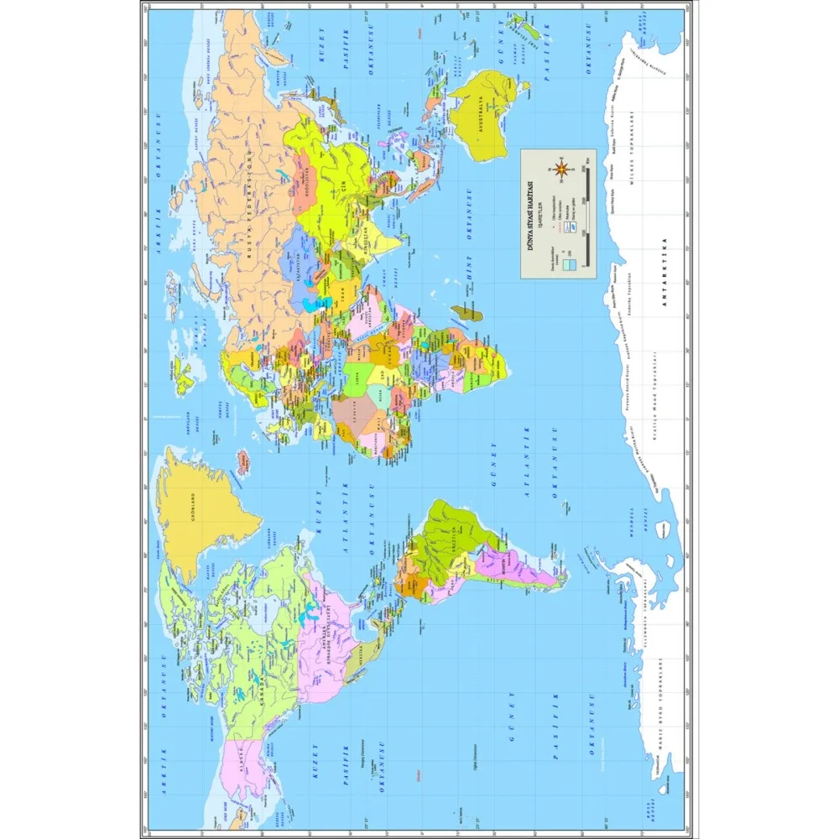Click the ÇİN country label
[x=342, y=186]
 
